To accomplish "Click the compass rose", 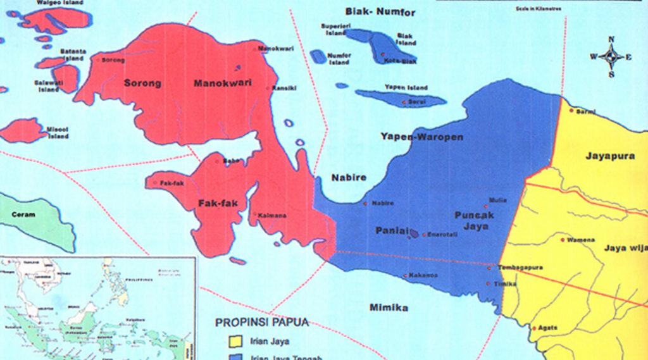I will (x=611, y=57).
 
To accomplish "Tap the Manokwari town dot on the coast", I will (x=255, y=49).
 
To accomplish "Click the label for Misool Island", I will (x=57, y=132).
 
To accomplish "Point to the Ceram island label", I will (x=23, y=214).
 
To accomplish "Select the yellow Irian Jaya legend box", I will (x=235, y=342).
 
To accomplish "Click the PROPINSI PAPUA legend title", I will (x=262, y=322).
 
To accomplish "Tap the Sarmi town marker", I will (x=571, y=111).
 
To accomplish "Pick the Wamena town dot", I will (x=562, y=240).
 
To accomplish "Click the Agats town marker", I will (x=534, y=328).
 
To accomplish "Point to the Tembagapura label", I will (x=520, y=268).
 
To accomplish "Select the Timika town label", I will (x=505, y=284).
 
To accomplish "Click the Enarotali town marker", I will (x=424, y=235).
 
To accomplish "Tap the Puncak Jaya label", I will (x=474, y=220).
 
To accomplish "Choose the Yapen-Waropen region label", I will (x=421, y=137).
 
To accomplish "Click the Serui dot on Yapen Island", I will (x=404, y=102).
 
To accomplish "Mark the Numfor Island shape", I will (x=318, y=57).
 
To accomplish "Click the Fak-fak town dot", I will (x=155, y=183).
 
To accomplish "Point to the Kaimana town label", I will (x=272, y=216).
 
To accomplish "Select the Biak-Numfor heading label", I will (x=380, y=12).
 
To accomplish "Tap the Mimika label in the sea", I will (x=389, y=307).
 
